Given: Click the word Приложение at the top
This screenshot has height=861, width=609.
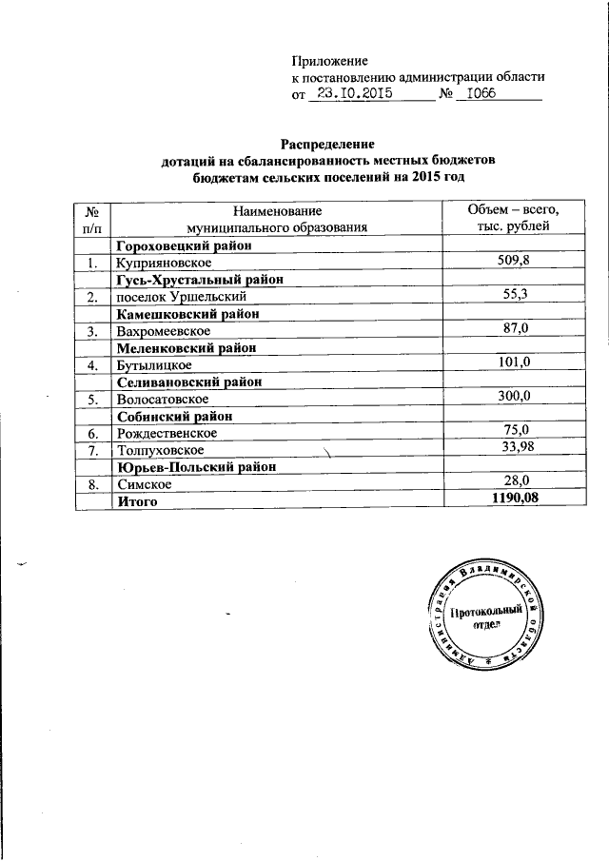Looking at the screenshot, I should (328, 60).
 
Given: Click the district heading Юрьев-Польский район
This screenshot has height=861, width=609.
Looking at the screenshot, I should (197, 467).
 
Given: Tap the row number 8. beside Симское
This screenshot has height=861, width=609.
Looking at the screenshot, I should (92, 484).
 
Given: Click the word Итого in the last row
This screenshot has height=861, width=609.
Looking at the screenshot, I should (137, 501).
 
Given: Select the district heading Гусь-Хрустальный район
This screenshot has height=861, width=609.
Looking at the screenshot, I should (201, 280).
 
